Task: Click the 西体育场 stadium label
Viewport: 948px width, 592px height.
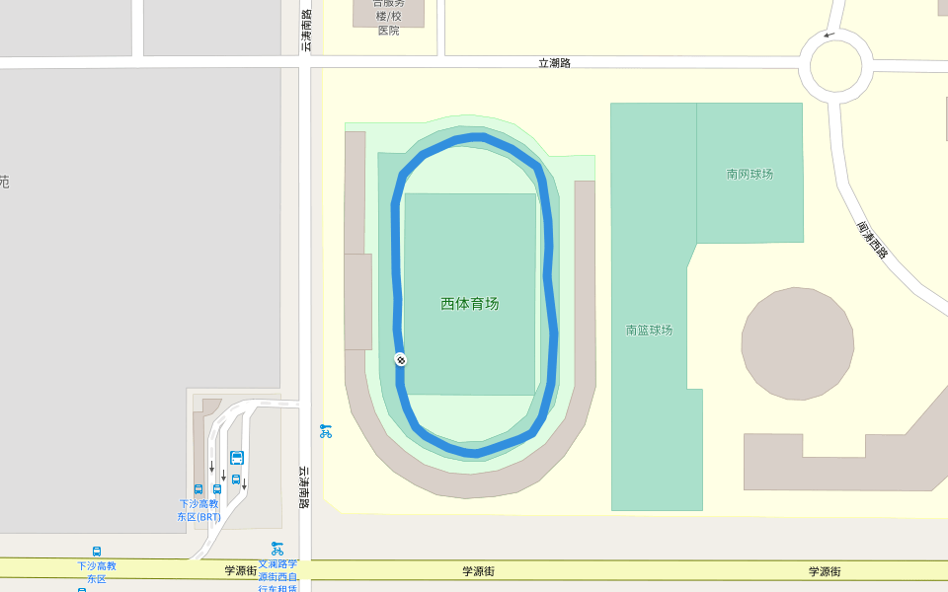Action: (x=470, y=304)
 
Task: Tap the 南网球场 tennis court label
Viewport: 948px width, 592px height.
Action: (x=750, y=175)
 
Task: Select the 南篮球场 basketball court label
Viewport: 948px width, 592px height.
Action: (x=649, y=330)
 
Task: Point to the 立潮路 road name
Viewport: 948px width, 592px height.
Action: (x=554, y=63)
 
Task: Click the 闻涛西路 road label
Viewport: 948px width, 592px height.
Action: (x=872, y=240)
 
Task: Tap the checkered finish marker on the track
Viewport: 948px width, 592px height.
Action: (x=400, y=359)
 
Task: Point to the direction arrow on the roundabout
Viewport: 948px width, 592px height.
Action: (x=828, y=36)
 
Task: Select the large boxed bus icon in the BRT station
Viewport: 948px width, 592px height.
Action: (x=237, y=458)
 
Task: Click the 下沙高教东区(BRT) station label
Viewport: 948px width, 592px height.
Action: (x=198, y=510)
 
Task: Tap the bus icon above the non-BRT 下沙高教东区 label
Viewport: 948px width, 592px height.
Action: (x=97, y=551)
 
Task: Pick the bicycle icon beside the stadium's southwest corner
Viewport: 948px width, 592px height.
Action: (x=325, y=431)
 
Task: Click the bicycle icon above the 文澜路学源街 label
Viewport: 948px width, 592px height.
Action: (x=276, y=548)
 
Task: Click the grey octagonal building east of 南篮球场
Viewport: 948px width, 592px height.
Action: (x=797, y=343)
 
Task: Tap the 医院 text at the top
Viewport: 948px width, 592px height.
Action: (x=389, y=31)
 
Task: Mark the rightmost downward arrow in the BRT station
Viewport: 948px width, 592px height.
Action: (x=244, y=484)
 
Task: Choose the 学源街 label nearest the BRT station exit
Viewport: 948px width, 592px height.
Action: (x=240, y=570)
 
